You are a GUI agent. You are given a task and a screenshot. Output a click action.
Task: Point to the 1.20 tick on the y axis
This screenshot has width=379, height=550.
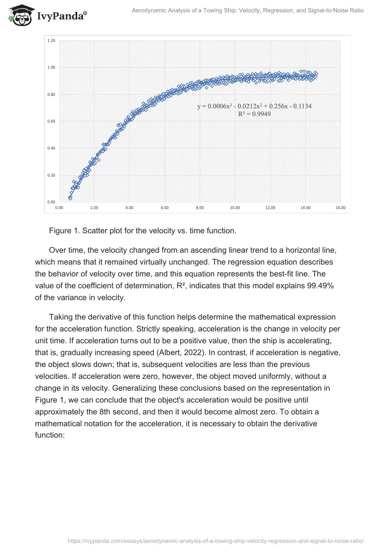51,41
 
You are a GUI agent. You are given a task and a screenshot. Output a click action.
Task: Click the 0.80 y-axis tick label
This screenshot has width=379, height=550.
51,94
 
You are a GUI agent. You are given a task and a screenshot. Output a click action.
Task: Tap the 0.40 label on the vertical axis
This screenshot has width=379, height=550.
51,148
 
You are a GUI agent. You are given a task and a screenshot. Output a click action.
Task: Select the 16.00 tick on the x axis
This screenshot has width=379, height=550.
340,208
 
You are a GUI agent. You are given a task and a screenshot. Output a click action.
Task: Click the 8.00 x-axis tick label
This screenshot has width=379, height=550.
199,208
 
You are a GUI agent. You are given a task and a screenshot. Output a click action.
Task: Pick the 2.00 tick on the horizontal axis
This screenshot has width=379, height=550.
94,208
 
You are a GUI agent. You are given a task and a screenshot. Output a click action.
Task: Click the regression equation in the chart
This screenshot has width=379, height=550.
254,106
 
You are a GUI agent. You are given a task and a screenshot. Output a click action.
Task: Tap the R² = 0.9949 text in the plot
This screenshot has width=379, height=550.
254,114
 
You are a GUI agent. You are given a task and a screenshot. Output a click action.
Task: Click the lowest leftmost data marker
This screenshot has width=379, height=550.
70,198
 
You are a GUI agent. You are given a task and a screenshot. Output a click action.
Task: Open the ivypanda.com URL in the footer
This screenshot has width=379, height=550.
216,540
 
